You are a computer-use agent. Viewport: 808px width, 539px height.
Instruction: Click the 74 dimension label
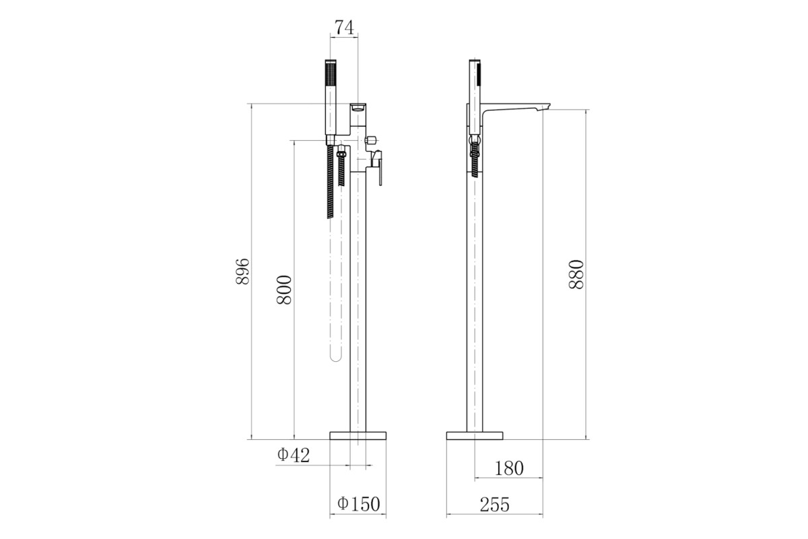[x=345, y=28]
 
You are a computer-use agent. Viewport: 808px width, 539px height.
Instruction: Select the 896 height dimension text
[x=242, y=271]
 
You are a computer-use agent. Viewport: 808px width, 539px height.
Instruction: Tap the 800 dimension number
[x=284, y=290]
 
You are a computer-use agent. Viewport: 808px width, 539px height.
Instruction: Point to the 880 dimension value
[x=576, y=274]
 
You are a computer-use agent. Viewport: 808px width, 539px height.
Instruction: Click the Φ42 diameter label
[x=294, y=455]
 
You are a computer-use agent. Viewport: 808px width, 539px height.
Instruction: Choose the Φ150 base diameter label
[x=358, y=504]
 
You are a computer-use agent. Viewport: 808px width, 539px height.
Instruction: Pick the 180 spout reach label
[x=508, y=468]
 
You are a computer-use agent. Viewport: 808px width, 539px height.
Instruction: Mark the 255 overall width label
[x=494, y=505]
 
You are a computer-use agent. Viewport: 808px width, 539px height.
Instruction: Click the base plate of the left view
[x=358, y=435]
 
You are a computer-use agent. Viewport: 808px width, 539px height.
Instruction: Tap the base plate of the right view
[x=474, y=435]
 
